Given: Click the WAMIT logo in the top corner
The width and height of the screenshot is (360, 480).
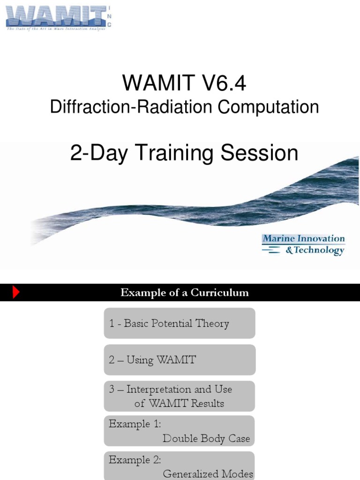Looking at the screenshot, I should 56,16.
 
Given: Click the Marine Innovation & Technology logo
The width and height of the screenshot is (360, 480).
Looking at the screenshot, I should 304,245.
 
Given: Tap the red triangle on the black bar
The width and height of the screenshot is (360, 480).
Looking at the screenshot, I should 16,293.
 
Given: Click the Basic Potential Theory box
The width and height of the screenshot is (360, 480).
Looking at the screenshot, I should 180,323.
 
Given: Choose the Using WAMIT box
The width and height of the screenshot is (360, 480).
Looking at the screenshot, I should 180,360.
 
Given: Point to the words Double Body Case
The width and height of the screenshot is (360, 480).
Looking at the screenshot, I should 206,439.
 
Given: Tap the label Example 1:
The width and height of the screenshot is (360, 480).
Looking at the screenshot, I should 135,424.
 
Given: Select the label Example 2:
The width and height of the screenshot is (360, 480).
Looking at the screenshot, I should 135,459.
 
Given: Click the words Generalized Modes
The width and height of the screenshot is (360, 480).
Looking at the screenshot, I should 208,474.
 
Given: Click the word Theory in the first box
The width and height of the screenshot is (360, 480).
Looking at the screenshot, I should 213,324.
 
